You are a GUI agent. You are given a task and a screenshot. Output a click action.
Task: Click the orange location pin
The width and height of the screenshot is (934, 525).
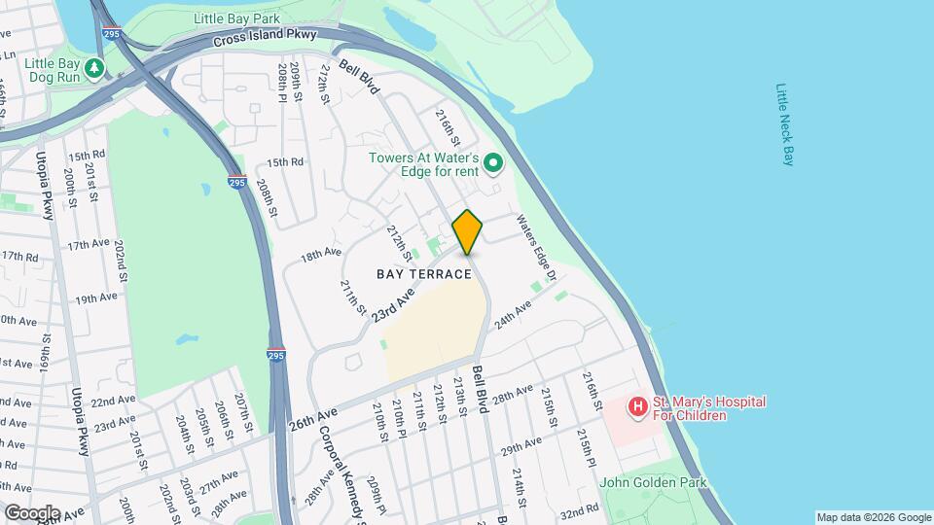pyautogui.click(x=468, y=231)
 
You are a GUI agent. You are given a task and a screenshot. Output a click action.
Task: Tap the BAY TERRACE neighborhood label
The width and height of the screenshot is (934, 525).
pyautogui.click(x=424, y=274)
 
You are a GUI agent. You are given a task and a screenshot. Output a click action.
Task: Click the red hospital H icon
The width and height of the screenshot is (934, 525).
pyautogui.click(x=637, y=406)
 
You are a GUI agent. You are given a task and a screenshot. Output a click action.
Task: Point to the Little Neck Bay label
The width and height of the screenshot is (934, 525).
pyautogui.click(x=785, y=123)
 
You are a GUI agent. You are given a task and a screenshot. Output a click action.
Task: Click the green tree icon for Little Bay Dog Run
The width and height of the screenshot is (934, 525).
pyautogui.click(x=94, y=68)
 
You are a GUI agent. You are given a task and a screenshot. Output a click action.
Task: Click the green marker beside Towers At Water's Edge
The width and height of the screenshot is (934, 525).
pyautogui.click(x=492, y=163)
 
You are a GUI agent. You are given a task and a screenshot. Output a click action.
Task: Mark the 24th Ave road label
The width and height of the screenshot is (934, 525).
pyautogui.click(x=513, y=313)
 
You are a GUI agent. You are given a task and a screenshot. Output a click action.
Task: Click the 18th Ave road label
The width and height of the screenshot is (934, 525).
pyautogui.click(x=321, y=255)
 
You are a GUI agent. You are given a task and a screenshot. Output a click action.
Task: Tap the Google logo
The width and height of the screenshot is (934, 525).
pyautogui.click(x=31, y=512)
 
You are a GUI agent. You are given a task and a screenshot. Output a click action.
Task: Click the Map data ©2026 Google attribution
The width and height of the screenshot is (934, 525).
pyautogui.click(x=874, y=517)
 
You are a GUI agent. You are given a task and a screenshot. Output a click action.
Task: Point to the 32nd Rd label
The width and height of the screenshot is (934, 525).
pyautogui.click(x=579, y=510)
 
